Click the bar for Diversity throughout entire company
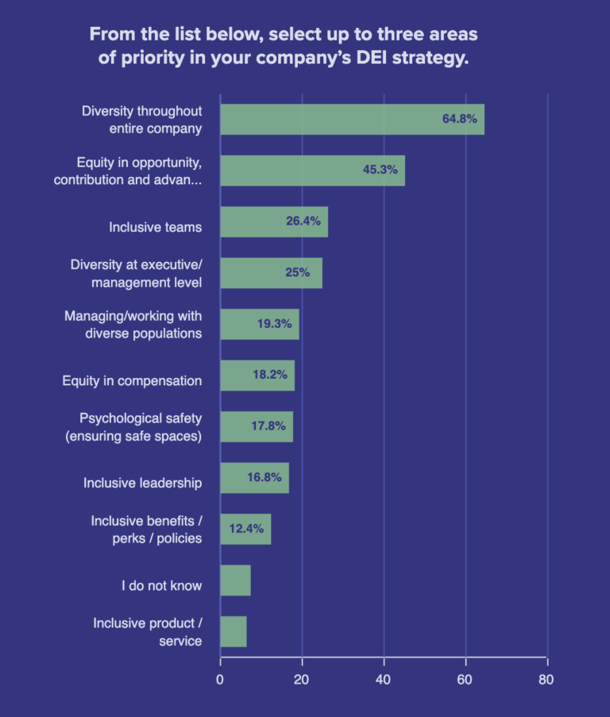pyautogui.click(x=351, y=119)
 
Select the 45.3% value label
pyautogui.click(x=380, y=170)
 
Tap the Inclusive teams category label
pyautogui.click(x=155, y=227)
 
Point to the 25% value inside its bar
pyautogui.click(x=297, y=272)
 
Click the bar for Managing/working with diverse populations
pyautogui.click(x=259, y=324)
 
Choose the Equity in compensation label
pyautogui.click(x=132, y=380)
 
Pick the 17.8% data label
pyautogui.click(x=268, y=426)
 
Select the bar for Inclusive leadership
pyautogui.click(x=254, y=478)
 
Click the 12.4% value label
pyautogui.click(x=246, y=529)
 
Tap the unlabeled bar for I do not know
pyautogui.click(x=235, y=580)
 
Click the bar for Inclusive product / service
pyautogui.click(x=233, y=631)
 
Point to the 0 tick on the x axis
pyautogui.click(x=220, y=680)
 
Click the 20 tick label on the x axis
pyautogui.click(x=302, y=680)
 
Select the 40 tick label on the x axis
pyautogui.click(x=384, y=680)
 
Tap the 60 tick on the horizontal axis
pyautogui.click(x=465, y=680)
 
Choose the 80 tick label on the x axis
pyautogui.click(x=546, y=680)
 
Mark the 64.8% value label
pyautogui.click(x=459, y=119)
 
